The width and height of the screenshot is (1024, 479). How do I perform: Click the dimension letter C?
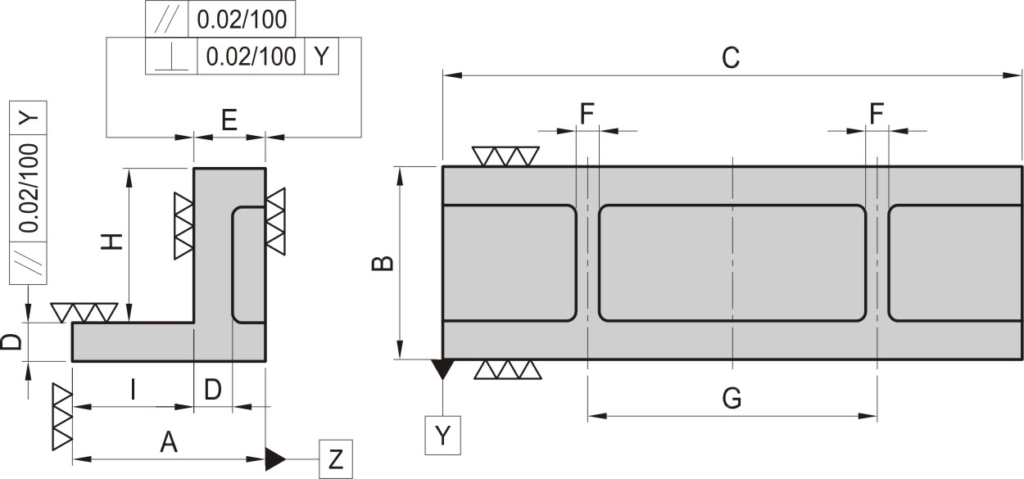(731, 58)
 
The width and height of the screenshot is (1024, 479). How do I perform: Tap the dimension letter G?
(732, 398)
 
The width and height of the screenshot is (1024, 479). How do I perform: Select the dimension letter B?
(383, 264)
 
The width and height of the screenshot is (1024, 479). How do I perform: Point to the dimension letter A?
(169, 442)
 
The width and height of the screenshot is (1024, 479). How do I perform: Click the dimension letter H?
(112, 242)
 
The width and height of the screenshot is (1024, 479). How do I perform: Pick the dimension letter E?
(229, 120)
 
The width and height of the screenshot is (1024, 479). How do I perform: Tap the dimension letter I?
(133, 390)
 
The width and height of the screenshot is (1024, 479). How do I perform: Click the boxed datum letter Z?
(336, 459)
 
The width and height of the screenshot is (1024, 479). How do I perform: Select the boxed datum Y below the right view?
(442, 435)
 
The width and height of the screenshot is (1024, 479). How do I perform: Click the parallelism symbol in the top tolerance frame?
(167, 19)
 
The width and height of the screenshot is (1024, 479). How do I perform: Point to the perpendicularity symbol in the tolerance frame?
(171, 56)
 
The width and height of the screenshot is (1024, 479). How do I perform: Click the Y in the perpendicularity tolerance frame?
(322, 56)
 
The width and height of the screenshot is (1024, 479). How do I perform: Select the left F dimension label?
(587, 114)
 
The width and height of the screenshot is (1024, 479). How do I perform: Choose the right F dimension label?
(877, 114)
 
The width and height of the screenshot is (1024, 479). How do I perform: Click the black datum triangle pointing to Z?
(275, 459)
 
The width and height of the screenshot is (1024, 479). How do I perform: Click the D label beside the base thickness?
(11, 342)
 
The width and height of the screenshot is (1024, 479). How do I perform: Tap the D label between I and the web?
(212, 390)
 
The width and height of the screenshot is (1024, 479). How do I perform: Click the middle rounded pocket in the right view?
(732, 264)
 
